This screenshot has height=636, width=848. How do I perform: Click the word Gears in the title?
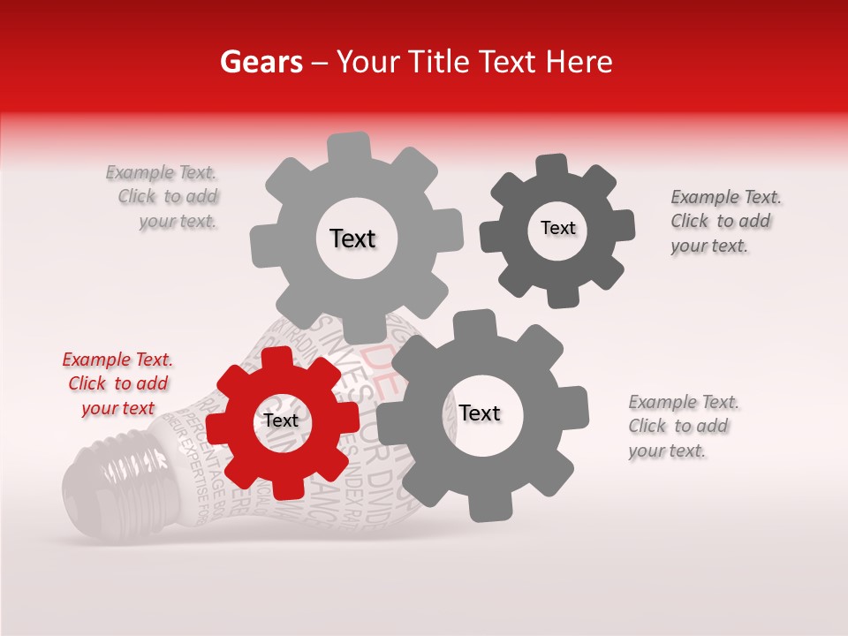click(261, 62)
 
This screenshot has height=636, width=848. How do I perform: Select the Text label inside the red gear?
click(281, 421)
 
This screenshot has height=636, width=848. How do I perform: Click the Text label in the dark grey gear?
click(557, 228)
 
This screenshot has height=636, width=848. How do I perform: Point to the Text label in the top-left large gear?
click(352, 238)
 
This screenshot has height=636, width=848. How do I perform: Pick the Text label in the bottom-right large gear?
click(480, 413)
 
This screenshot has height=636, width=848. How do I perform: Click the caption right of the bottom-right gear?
click(681, 426)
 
